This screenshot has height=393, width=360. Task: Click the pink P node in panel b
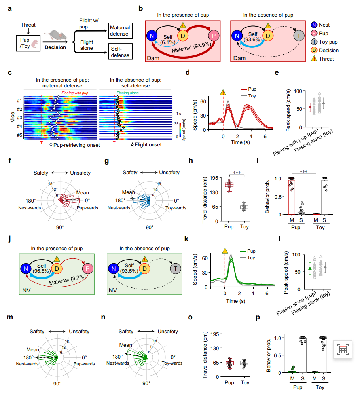click(x=214, y=36)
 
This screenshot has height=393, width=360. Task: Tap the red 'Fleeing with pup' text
click(x=75, y=93)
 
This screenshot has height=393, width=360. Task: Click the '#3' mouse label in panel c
click(x=19, y=118)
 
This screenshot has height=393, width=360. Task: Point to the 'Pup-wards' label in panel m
click(x=85, y=363)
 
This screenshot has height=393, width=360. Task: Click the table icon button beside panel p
click(x=343, y=349)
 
